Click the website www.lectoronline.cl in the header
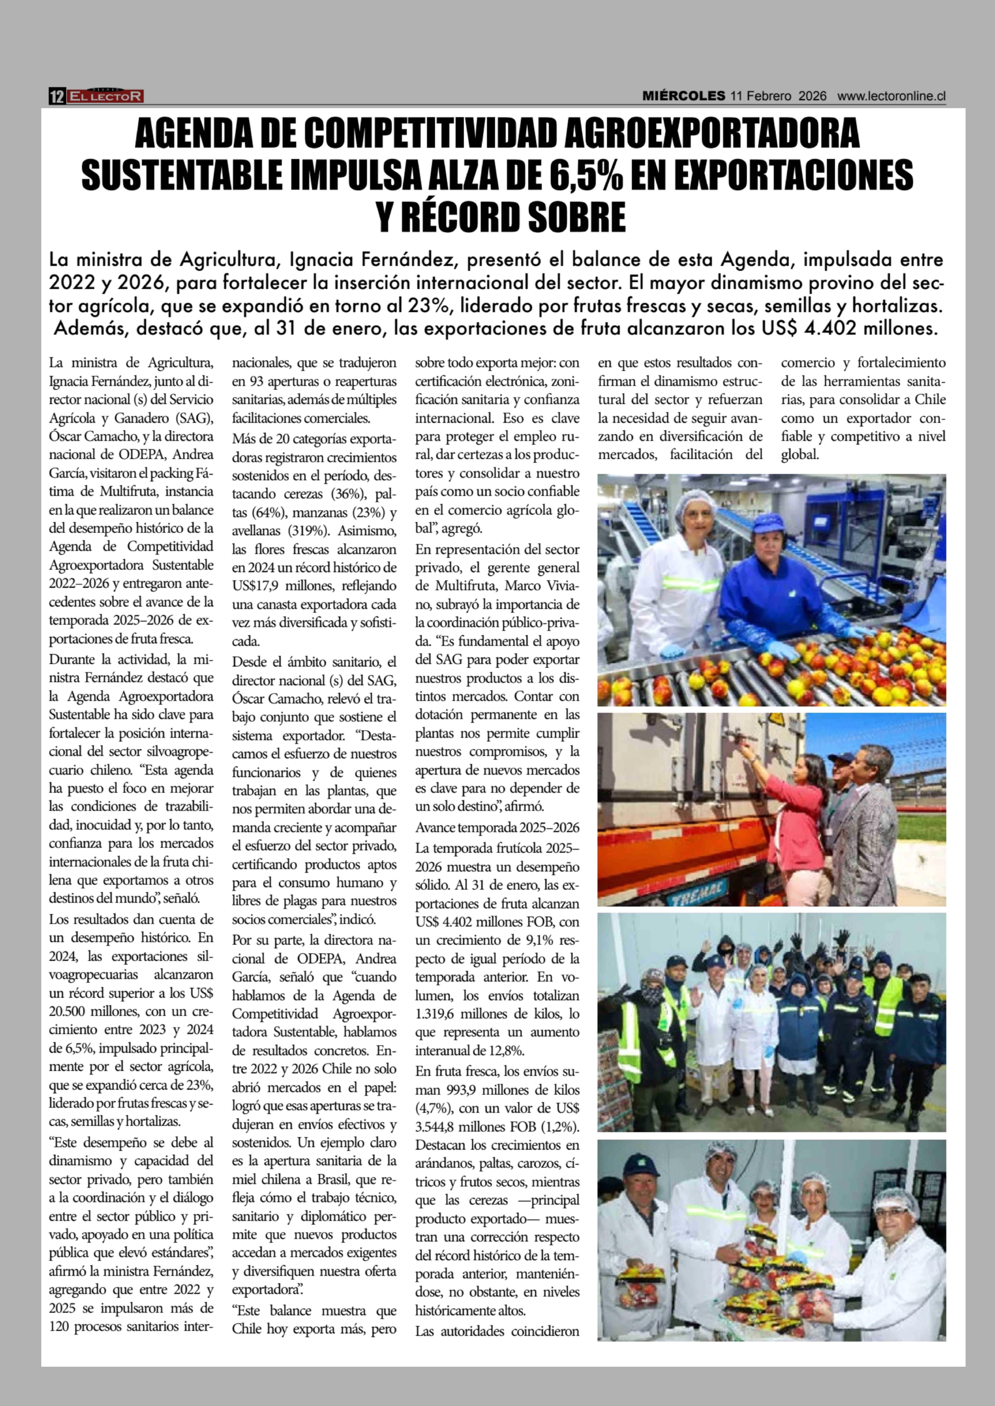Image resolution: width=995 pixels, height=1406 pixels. [891, 96]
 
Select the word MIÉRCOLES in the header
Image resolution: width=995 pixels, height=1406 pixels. [683, 96]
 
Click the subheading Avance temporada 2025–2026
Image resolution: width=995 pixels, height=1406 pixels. [497, 827]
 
